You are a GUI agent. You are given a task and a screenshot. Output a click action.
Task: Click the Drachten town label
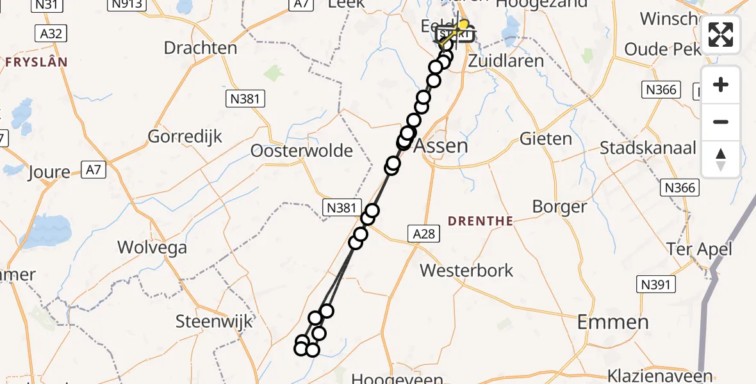pos(200,48)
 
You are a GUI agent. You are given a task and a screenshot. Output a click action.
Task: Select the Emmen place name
pos(612,322)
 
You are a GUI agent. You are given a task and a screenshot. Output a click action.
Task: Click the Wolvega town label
pos(152,248)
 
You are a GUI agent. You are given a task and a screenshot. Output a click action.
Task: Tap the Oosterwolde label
pos(302,151)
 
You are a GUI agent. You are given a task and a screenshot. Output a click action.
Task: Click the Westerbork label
pos(466,270)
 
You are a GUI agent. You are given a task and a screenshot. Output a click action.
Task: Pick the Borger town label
pos(559,207)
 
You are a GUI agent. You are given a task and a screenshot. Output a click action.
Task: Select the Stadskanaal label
pos(648,148)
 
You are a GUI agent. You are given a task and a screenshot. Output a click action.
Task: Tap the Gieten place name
pos(546,138)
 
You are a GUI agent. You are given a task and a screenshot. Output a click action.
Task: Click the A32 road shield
pos(51,33)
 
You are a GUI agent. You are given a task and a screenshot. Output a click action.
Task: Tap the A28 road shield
pos(423,234)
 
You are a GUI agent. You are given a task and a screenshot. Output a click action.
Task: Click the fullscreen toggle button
pos(721,35)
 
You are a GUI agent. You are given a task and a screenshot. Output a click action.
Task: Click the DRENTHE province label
pos(481,221)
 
